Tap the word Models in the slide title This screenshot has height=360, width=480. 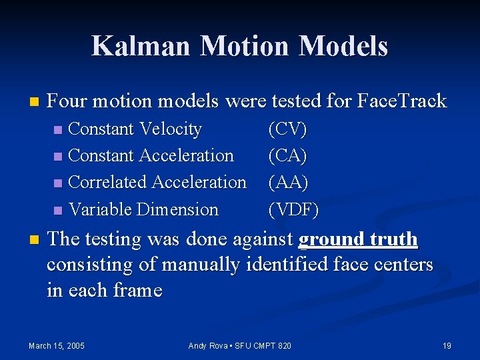tap(343, 46)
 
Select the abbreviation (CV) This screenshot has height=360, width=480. tap(287, 129)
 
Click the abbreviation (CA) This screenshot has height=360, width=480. tap(287, 155)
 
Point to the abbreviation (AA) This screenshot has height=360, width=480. tap(287, 182)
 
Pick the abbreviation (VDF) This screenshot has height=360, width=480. tap(293, 209)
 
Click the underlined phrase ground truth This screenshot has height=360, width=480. tap(358, 239)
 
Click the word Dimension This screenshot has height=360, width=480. tap(177, 209)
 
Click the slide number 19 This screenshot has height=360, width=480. tap(447, 345)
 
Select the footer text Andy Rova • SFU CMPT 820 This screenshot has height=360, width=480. tap(240, 345)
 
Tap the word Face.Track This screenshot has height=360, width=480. tap(402, 101)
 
